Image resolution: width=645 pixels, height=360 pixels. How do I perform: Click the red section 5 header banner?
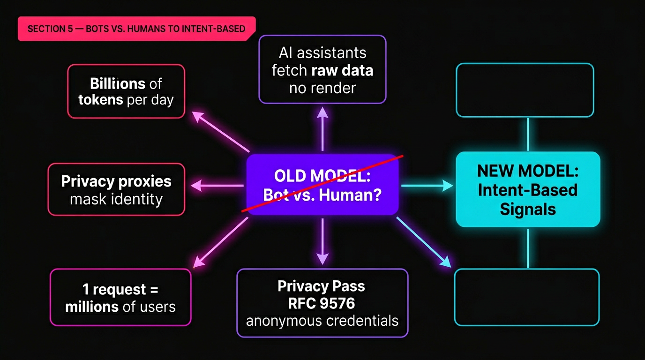click(136, 29)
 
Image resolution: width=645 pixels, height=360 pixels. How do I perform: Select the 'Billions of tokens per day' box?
click(126, 91)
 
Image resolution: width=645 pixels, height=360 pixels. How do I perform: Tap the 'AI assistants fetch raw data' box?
click(322, 69)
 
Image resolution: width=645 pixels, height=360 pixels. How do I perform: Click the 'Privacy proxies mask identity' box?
click(116, 189)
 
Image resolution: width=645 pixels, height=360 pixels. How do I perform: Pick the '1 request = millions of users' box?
click(120, 297)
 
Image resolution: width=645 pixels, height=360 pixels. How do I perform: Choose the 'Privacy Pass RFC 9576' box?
click(322, 303)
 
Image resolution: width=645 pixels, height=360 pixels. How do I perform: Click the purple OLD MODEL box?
click(322, 185)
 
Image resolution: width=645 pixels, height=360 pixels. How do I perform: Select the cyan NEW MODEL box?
click(528, 189)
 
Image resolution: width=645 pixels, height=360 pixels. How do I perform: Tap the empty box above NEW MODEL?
click(525, 90)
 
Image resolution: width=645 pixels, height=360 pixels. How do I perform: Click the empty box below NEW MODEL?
click(527, 297)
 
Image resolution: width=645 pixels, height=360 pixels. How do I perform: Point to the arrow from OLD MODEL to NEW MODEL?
click(427, 186)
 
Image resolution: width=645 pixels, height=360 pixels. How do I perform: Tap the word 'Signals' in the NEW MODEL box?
click(528, 209)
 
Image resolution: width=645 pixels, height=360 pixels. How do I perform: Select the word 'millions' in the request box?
click(92, 307)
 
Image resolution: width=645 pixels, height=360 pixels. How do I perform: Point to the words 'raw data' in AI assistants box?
click(342, 70)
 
